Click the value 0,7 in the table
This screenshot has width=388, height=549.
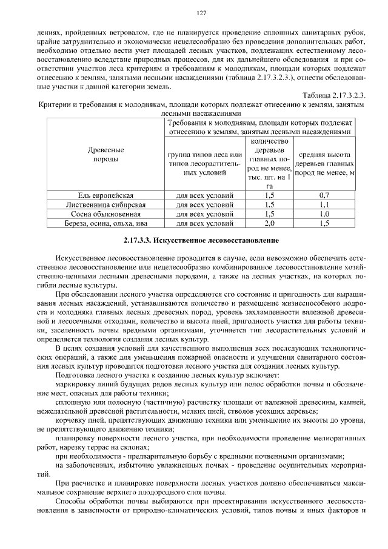coord(324,196)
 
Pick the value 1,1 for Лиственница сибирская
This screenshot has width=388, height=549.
coord(324,205)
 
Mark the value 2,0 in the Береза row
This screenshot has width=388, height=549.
coord(270,223)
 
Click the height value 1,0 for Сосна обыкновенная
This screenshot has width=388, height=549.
coord(324,214)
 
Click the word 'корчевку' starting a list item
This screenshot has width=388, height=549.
coord(71,420)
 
